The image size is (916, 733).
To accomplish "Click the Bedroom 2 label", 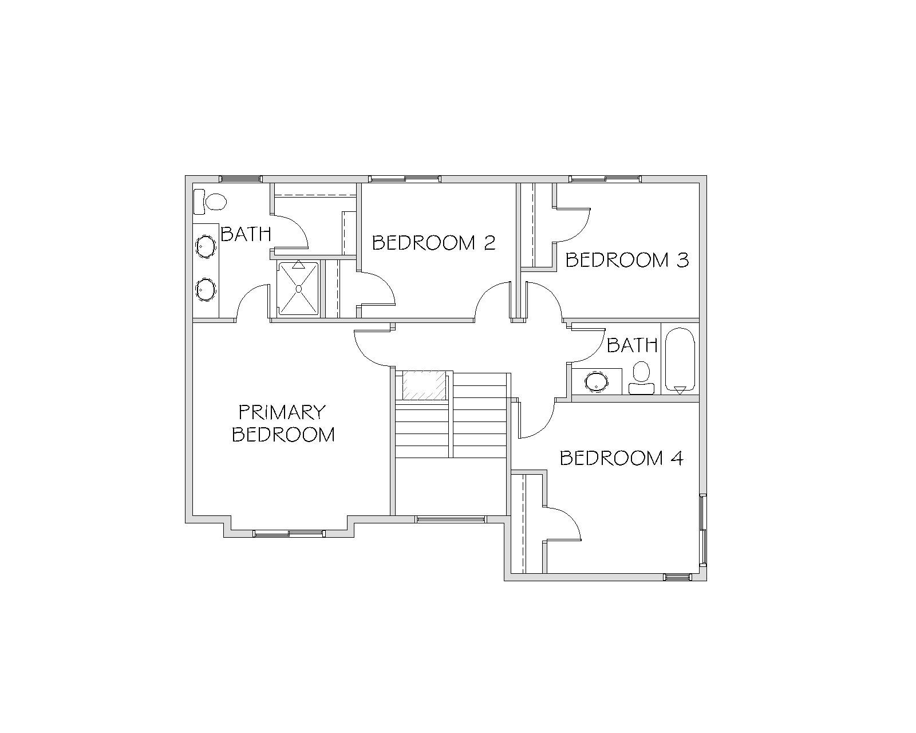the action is (x=434, y=243).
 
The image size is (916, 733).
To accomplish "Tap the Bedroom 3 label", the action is (x=627, y=260).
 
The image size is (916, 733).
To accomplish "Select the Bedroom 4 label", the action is (x=622, y=458).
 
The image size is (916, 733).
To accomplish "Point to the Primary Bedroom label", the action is (x=283, y=423).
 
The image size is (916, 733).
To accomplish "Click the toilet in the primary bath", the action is (x=210, y=202).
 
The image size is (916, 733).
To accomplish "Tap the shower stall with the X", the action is (x=298, y=289).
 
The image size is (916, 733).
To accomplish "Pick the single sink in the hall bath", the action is (x=597, y=381).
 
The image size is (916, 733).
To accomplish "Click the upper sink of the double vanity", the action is (x=206, y=247).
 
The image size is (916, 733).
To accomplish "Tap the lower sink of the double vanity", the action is (x=206, y=290).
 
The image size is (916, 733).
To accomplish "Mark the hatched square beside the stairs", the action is (x=424, y=385).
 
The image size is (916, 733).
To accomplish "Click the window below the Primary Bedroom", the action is (x=289, y=533).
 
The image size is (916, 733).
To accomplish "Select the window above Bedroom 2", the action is (x=405, y=179).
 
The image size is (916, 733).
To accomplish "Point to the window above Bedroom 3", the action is (x=605, y=179).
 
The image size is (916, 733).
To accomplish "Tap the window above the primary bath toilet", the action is (x=240, y=179).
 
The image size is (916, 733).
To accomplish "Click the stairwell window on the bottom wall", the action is (x=451, y=519).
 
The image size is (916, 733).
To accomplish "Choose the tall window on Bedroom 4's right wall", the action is (x=703, y=529).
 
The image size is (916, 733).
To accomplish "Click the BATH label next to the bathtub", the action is (x=632, y=345).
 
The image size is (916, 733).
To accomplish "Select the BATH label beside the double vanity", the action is (x=246, y=234).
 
